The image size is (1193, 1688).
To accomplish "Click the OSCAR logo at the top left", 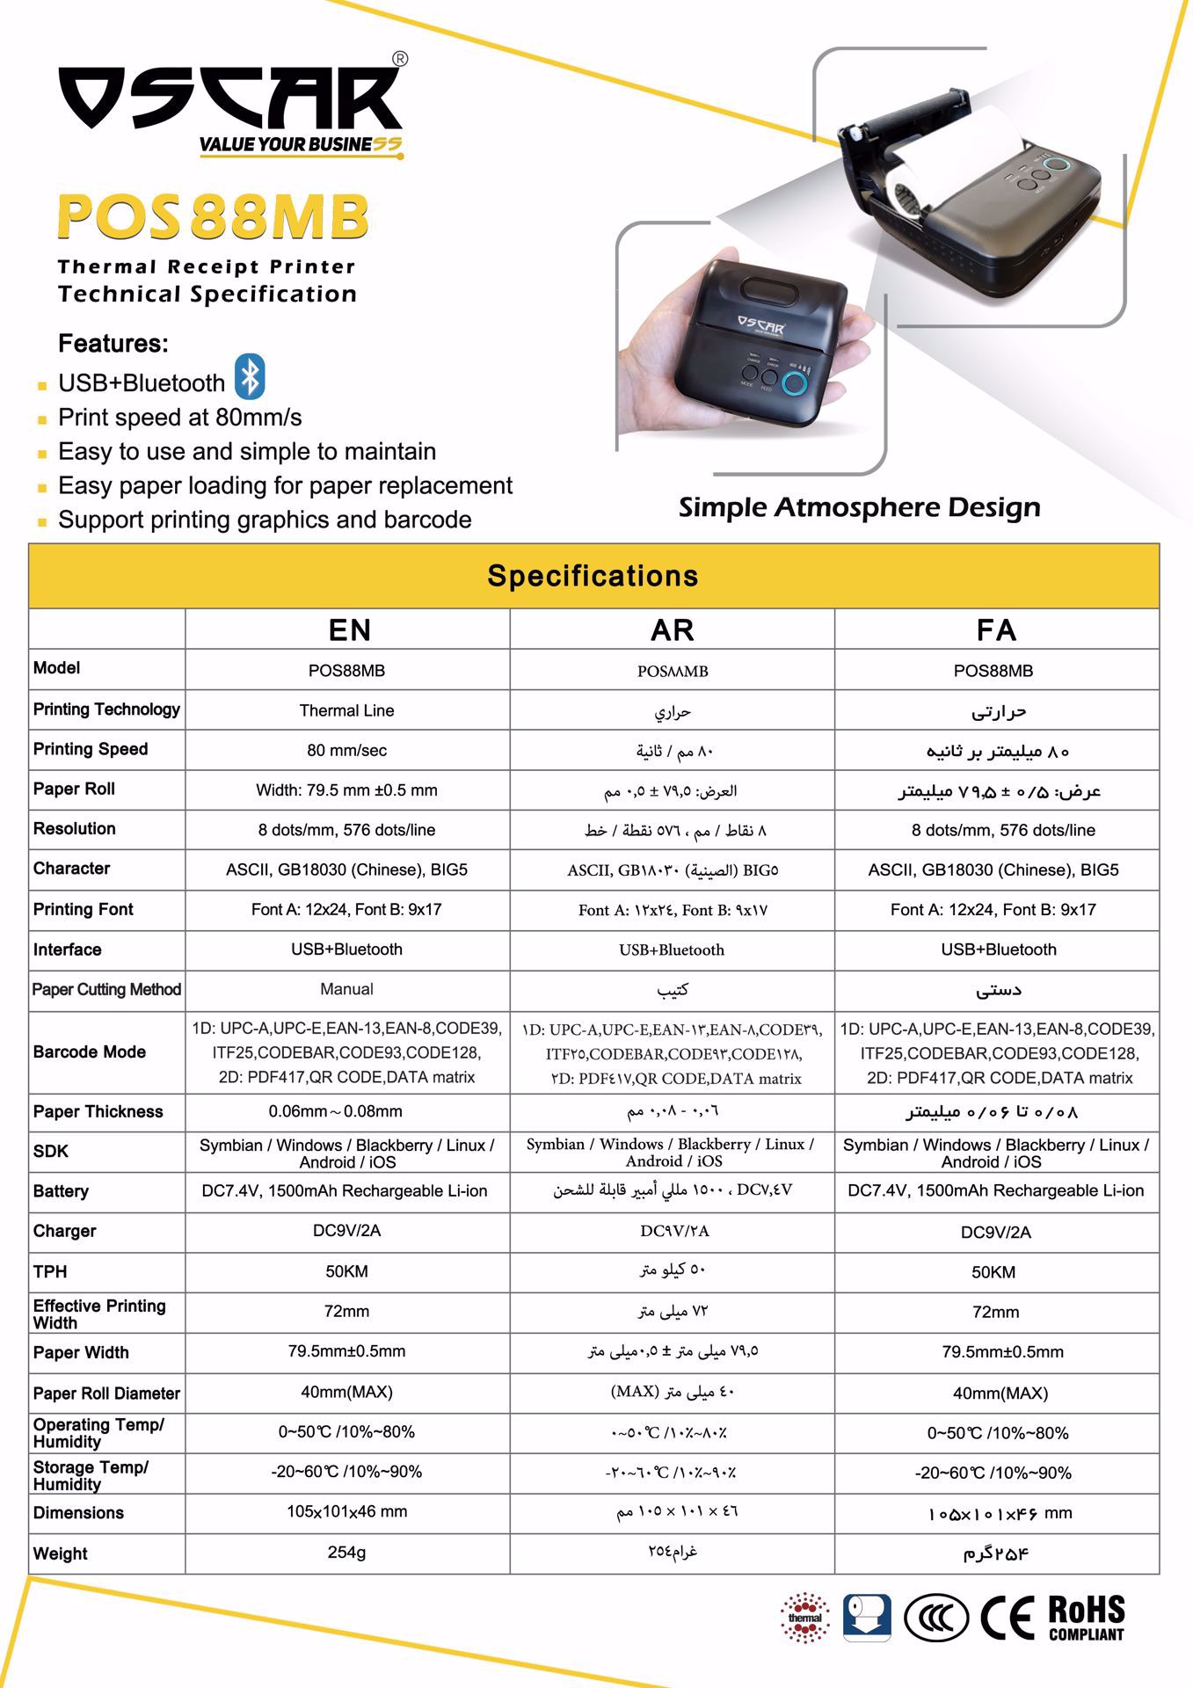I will (230, 98).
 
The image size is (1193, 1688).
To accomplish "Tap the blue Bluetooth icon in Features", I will (251, 377).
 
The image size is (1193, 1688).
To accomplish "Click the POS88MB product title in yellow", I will (212, 216).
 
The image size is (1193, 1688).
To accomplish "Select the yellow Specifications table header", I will (593, 576).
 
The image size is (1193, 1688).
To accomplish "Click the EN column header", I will (348, 629).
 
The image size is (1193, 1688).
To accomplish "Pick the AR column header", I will (672, 629).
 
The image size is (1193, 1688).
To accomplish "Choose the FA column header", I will (996, 629).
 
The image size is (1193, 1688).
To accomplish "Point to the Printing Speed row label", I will (91, 749).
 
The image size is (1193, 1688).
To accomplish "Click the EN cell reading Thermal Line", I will (346, 710).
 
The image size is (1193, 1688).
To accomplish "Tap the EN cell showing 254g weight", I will (346, 1553).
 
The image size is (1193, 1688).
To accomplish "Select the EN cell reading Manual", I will (346, 989).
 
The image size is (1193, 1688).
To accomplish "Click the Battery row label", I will (61, 1191).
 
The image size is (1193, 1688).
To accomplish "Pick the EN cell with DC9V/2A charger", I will (346, 1231).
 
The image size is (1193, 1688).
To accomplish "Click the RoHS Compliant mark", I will (1087, 1619).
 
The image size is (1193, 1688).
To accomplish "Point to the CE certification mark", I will (1008, 1618).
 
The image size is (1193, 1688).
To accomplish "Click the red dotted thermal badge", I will (804, 1618).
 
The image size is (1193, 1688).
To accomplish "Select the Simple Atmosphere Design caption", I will (859, 507).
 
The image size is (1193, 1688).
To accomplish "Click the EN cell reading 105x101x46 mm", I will (346, 1512).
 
